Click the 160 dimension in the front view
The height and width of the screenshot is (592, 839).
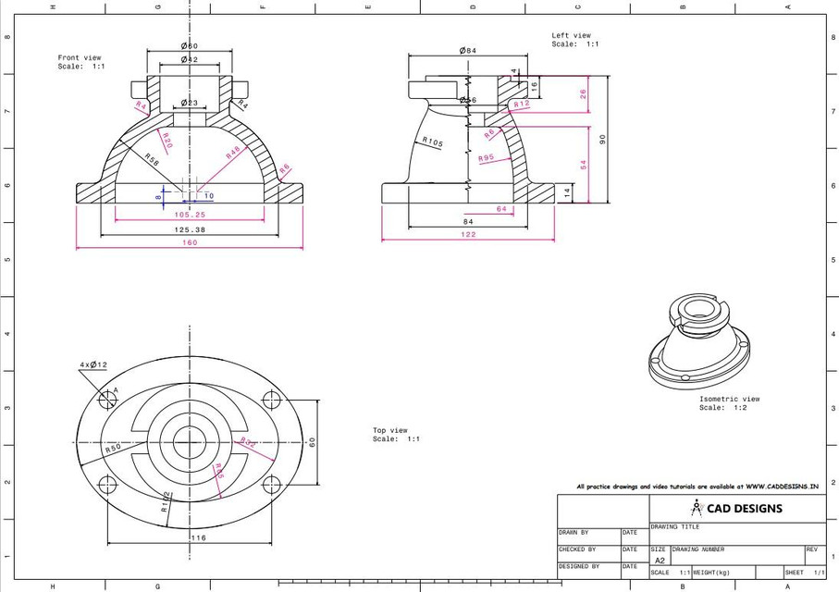click(190, 243)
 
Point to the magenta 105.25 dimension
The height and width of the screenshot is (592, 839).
click(189, 215)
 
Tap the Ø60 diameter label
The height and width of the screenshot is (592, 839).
click(189, 45)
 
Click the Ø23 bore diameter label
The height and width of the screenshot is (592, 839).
click(189, 103)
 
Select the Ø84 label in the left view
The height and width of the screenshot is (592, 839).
click(467, 51)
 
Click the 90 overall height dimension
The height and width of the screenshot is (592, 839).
click(602, 139)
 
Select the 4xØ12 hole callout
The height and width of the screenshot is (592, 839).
click(93, 365)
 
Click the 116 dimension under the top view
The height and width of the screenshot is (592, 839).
click(198, 537)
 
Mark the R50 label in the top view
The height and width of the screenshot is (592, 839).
click(113, 448)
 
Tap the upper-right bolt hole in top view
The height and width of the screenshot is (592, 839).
click(272, 400)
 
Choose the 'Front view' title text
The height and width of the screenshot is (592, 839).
click(80, 57)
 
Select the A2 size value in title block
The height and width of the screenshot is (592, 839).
click(660, 561)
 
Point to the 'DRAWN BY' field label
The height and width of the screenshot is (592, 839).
click(574, 533)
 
